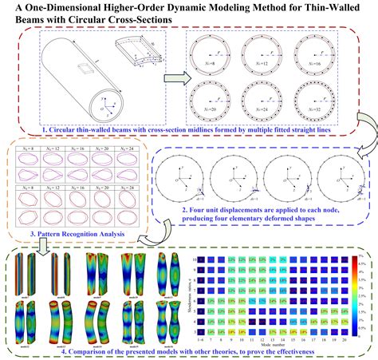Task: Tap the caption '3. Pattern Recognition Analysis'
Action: [70, 235]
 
